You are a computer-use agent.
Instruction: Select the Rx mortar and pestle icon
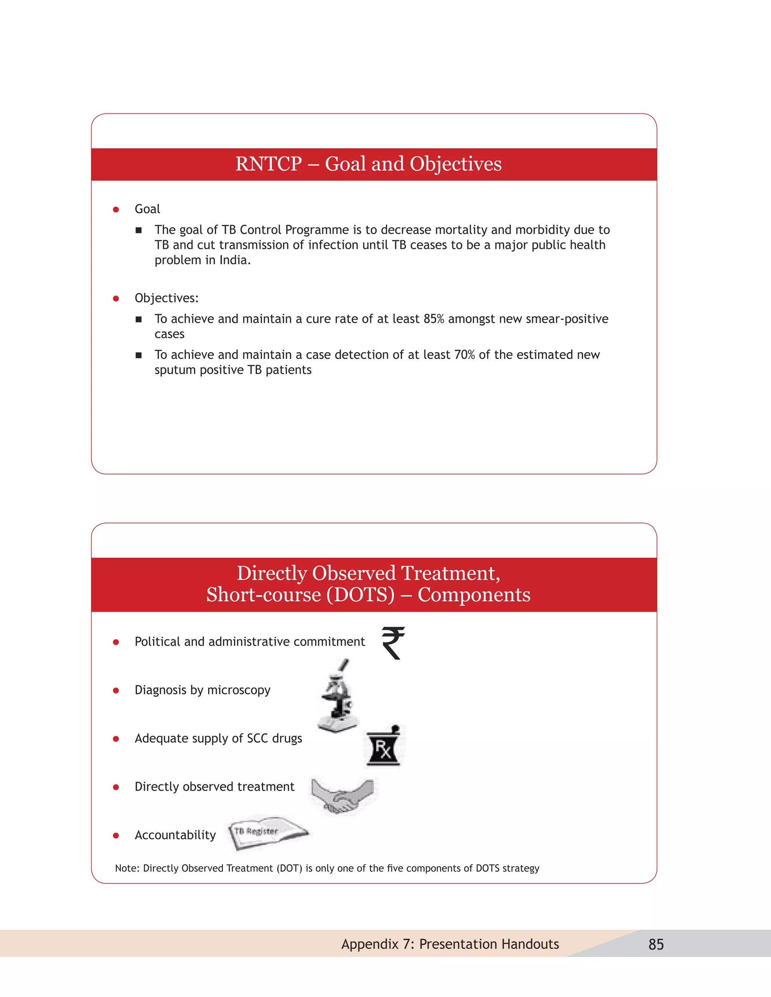(384, 747)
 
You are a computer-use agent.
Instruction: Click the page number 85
(656, 944)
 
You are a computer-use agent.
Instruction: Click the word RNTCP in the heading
(268, 164)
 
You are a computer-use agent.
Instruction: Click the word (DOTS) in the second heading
(360, 595)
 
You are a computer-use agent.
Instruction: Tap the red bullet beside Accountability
(116, 835)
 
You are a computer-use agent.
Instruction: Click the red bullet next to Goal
(116, 210)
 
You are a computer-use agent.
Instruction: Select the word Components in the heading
(474, 595)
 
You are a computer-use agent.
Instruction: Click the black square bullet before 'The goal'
(139, 230)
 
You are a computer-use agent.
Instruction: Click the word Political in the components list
(158, 642)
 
